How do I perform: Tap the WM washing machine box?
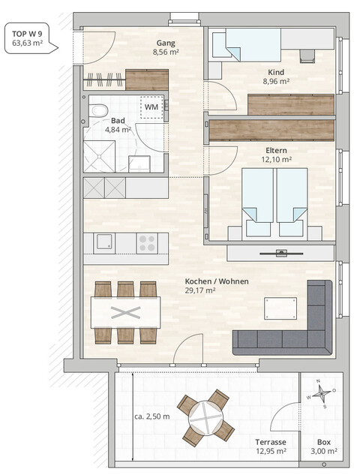[151, 107]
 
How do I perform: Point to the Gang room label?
[166, 43]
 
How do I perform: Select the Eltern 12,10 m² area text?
[277, 159]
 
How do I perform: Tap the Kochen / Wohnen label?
[217, 281]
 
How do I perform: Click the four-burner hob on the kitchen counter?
[147, 242]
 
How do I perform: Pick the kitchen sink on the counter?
[104, 242]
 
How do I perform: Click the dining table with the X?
[125, 312]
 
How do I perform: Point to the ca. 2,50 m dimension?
[152, 416]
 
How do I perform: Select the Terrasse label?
[271, 441]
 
